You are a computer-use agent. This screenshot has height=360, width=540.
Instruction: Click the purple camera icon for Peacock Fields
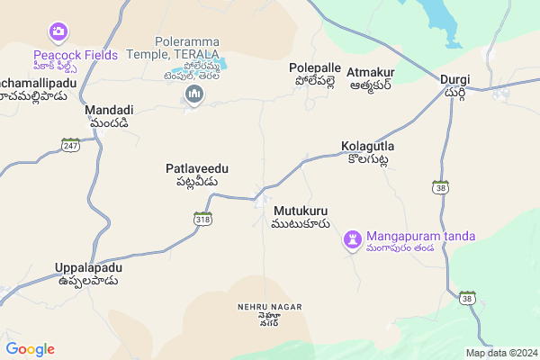58,32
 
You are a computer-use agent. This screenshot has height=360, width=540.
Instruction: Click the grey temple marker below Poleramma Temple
193,94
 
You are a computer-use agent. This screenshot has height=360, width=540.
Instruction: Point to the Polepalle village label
315,68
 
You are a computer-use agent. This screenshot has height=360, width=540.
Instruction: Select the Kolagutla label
368,146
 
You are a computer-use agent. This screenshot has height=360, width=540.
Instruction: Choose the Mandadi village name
107,111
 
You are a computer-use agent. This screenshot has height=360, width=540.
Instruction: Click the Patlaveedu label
197,168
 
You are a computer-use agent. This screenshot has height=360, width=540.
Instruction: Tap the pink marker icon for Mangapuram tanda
353,240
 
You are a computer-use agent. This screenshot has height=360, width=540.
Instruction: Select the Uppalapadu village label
87,268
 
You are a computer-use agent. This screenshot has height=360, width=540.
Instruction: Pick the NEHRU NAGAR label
269,307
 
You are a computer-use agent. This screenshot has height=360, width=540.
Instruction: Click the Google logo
30,349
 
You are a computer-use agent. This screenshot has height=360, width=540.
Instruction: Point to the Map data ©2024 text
500,353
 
